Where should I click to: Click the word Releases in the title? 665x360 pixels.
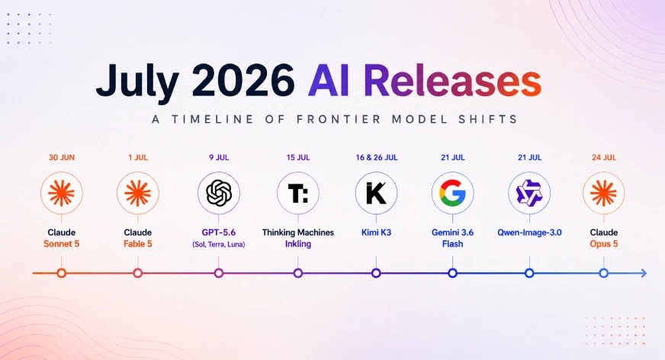point(452,81)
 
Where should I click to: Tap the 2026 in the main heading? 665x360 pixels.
point(243,81)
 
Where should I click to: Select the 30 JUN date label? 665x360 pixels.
point(62,158)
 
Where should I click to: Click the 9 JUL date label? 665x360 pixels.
point(219,158)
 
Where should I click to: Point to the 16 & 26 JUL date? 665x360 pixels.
point(377,158)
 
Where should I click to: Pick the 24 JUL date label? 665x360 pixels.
point(604,158)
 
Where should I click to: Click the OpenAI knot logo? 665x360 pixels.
point(219,193)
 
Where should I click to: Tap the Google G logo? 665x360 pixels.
point(452,193)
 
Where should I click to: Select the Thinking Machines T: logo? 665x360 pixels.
point(298,193)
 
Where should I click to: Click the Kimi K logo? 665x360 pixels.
point(376,193)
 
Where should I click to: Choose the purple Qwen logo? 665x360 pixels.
point(529,193)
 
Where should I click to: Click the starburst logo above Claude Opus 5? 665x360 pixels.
point(603,193)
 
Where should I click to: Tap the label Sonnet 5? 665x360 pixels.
point(62,244)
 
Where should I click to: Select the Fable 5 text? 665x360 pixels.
point(138,244)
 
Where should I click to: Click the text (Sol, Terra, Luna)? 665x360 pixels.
point(219,245)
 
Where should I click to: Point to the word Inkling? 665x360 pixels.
point(298,244)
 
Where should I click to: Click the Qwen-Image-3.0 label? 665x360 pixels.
point(529,233)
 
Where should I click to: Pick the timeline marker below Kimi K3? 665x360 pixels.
point(376,273)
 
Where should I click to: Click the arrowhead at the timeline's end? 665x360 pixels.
point(644,273)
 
